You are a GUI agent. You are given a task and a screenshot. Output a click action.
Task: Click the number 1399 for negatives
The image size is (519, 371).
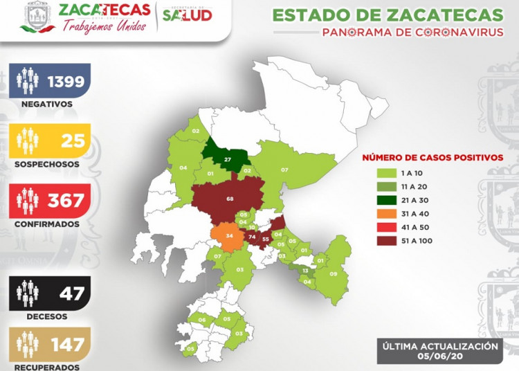click(66, 82)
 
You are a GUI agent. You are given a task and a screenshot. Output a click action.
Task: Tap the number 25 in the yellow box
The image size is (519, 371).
click(73, 141)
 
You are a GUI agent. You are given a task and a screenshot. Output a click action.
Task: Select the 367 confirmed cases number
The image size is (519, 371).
click(66, 201)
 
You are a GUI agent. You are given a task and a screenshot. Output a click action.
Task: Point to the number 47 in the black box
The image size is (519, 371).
click(72, 293)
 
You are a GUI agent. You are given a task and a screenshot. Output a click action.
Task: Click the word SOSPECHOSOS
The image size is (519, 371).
click(46, 165)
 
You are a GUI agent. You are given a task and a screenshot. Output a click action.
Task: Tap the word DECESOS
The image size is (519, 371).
click(46, 316)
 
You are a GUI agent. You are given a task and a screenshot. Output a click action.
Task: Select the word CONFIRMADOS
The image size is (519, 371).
click(46, 224)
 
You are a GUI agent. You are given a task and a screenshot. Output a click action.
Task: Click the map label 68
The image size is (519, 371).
click(230, 200)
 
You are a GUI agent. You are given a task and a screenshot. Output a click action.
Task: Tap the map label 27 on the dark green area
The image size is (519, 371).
click(227, 160)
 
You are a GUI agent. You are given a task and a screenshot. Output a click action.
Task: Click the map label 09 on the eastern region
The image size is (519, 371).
click(334, 274)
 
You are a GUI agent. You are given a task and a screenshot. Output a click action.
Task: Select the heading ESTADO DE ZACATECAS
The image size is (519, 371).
click(388, 15)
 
